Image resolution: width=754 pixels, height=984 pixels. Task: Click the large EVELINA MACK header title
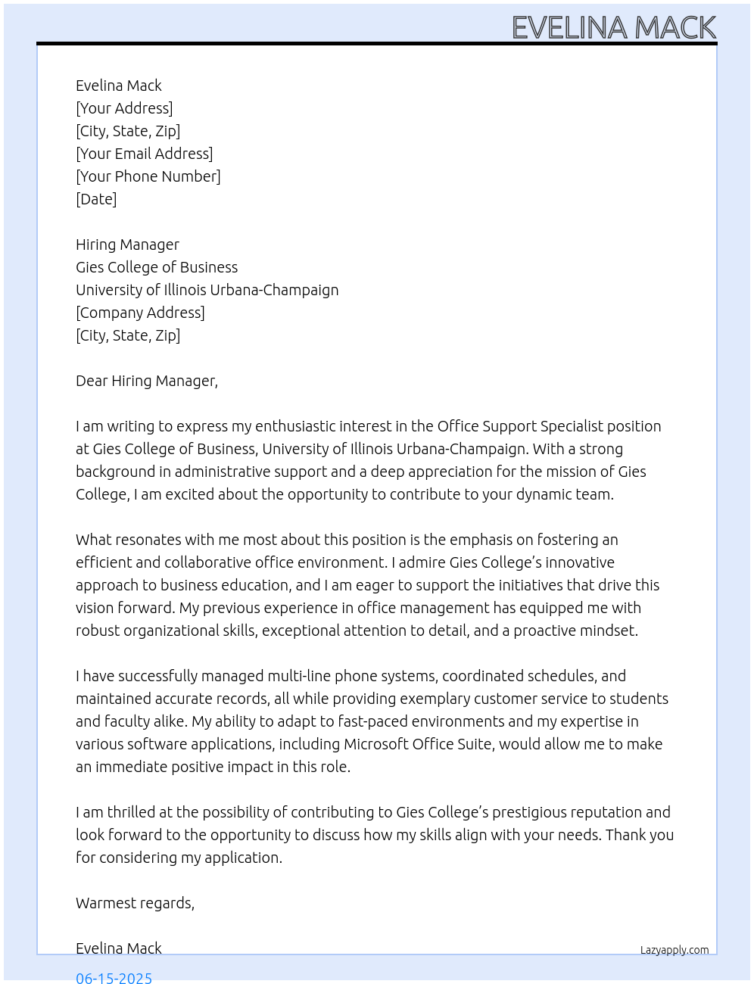click(614, 28)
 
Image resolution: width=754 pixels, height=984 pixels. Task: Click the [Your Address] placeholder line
click(124, 108)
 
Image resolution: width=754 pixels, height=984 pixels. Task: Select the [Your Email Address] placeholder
click(144, 154)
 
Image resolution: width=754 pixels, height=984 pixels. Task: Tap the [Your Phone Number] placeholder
click(148, 176)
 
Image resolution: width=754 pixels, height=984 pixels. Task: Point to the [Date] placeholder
click(96, 199)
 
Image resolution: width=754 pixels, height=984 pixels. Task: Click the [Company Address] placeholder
click(140, 313)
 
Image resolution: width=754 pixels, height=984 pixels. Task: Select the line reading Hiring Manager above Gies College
click(127, 244)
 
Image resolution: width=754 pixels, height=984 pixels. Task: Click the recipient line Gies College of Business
click(157, 267)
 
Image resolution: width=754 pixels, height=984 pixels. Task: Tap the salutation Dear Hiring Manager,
click(147, 381)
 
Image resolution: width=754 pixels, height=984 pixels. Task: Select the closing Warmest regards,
click(135, 903)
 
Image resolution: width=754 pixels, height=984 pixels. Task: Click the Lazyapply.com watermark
click(675, 950)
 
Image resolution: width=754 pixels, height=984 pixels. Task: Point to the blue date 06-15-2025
click(114, 977)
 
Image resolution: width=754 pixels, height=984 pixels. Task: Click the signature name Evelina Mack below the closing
click(119, 948)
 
